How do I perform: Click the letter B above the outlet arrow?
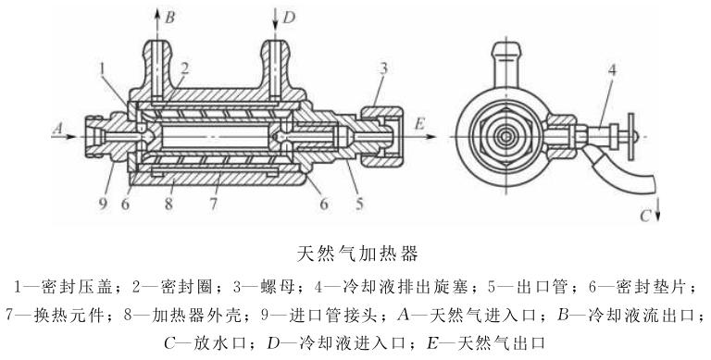coord(169,19)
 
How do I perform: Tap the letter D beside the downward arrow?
coord(289,18)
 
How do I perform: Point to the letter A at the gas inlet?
coord(57,129)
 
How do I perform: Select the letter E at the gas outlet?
coord(419,124)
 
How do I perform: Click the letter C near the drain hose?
coord(644,216)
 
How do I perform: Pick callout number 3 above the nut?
coord(383,68)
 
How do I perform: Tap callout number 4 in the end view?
coord(612,70)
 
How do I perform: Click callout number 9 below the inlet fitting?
coord(104,204)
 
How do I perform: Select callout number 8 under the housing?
coord(168,204)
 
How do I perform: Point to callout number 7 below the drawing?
coord(213,204)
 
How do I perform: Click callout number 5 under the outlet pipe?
coord(359,204)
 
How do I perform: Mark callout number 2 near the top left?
coord(184,68)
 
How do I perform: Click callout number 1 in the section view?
coord(103,69)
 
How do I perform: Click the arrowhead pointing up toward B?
coord(157,14)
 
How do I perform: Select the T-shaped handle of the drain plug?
coord(630,136)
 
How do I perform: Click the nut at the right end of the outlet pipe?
coord(381,136)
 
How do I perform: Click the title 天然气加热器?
coord(357,254)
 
